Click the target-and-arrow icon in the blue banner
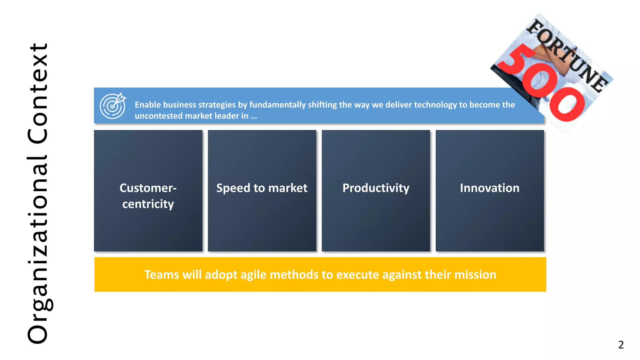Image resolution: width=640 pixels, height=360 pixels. (112, 106)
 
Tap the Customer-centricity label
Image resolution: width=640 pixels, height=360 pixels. (148, 196)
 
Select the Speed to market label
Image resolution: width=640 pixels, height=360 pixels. (262, 188)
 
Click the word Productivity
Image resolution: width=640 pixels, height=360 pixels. (376, 188)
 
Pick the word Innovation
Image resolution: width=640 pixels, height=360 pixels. (489, 188)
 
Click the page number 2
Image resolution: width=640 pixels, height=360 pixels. (621, 345)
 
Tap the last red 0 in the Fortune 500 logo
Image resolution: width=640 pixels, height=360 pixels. (567, 104)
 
